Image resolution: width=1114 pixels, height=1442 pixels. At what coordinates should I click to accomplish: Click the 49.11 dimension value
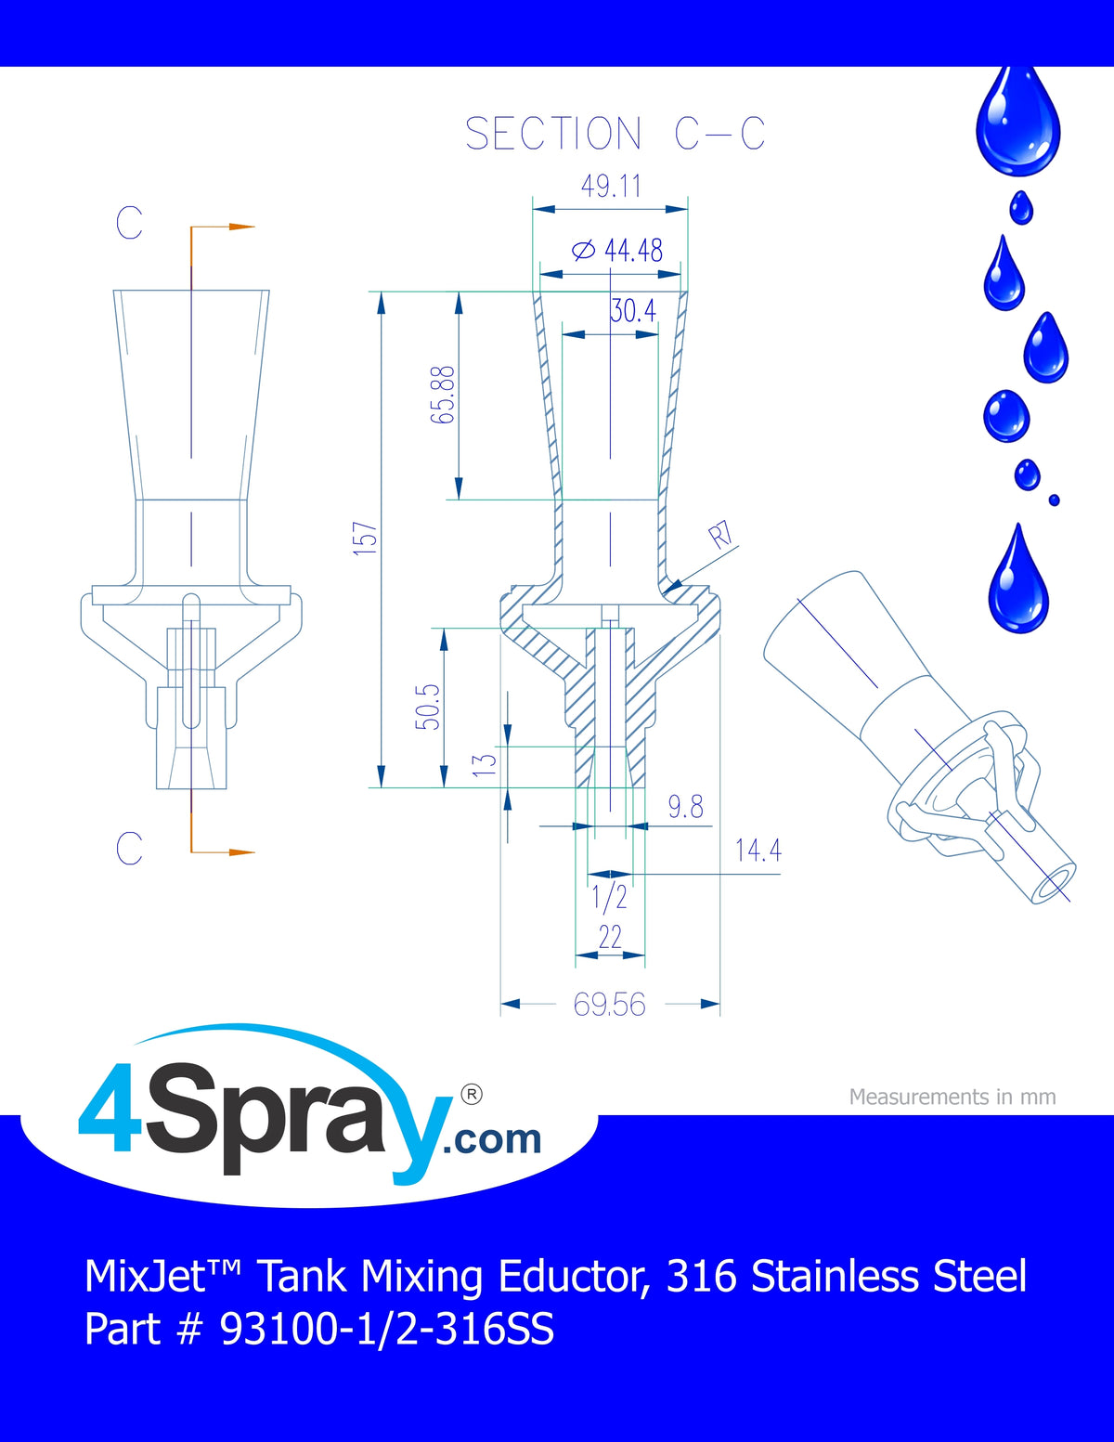[x=611, y=186]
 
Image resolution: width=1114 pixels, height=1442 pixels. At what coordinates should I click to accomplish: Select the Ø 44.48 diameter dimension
[x=617, y=251]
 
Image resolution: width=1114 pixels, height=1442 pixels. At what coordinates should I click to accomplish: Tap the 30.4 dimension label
[x=634, y=310]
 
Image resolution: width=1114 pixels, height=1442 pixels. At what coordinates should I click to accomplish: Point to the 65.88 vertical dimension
[x=443, y=395]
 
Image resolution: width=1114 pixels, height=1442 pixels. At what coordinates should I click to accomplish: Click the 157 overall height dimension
[x=365, y=539]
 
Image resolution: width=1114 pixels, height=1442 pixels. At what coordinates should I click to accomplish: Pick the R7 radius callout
[x=720, y=535]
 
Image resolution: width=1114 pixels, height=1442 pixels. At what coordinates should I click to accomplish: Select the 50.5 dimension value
[x=427, y=707]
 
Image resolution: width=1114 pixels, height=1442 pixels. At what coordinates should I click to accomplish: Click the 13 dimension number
[x=485, y=764]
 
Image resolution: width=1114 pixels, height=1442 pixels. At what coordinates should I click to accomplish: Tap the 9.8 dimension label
[x=685, y=807]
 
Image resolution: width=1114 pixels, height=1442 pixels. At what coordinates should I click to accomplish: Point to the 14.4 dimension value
[x=758, y=851]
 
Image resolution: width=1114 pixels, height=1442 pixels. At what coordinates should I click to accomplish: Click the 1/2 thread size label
[x=609, y=897]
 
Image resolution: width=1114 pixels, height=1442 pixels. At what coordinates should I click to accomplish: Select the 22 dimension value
[x=610, y=938]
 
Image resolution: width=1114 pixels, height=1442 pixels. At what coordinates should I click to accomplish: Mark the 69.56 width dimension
[x=609, y=1005]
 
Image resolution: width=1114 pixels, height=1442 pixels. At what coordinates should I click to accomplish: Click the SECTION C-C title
[x=615, y=134]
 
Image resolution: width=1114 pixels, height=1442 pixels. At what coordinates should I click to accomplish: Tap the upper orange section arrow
[x=223, y=227]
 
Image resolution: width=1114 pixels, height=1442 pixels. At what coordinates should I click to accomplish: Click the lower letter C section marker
[x=129, y=848]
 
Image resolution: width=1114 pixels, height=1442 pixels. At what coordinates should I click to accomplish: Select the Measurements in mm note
[x=952, y=1097]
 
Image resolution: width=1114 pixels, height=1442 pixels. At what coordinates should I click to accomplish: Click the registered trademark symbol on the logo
[x=471, y=1095]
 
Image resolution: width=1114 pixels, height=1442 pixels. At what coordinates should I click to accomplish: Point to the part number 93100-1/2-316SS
[x=387, y=1330]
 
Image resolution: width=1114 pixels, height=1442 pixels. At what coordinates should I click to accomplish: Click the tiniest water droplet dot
[x=1055, y=500]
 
